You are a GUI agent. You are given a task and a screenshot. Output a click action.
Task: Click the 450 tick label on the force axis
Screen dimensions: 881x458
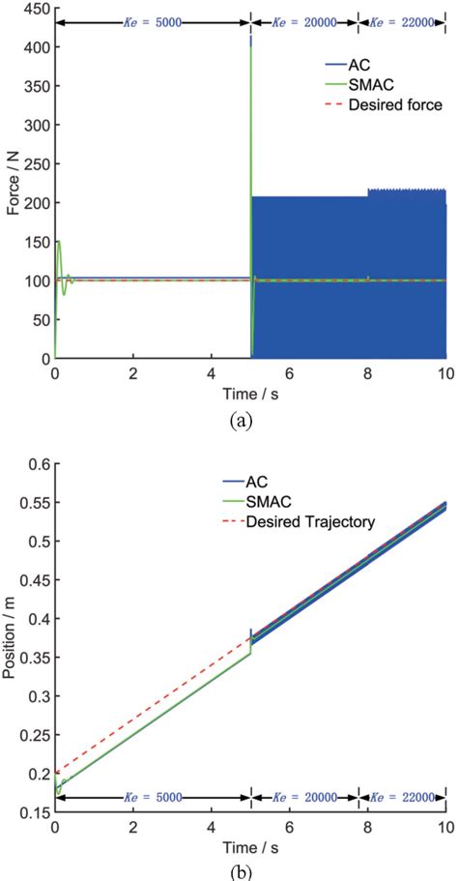(x=34, y=11)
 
